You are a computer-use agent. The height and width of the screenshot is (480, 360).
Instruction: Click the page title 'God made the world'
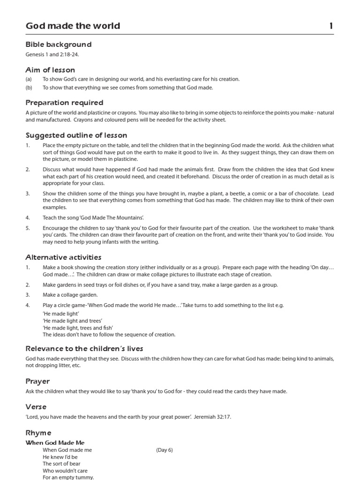73,26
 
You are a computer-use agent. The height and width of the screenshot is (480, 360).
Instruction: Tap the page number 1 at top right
331,26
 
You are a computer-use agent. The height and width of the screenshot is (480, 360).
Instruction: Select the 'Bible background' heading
59,45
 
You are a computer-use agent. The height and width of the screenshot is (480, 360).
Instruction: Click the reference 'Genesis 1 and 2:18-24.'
52,54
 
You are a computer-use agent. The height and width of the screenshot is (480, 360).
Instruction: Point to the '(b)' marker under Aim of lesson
29,88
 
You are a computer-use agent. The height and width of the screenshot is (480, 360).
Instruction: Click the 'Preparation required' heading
64,103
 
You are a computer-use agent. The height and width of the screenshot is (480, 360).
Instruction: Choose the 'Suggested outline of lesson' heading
76,135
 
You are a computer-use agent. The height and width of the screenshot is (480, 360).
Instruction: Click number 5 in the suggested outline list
28,228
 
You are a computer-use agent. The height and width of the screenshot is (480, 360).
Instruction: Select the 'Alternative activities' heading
63,257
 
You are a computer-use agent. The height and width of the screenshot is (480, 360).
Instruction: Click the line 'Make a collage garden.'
70,295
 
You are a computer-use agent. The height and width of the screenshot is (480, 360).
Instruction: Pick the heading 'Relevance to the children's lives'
84,349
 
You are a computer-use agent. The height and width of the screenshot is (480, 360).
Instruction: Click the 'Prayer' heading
37,382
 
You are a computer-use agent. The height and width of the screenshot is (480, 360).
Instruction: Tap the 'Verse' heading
36,407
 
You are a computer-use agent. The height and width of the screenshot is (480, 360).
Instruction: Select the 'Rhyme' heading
38,433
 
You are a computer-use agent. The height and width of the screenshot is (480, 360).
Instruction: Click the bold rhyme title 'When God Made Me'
55,442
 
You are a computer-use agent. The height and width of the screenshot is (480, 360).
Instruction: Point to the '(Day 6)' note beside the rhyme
165,450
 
